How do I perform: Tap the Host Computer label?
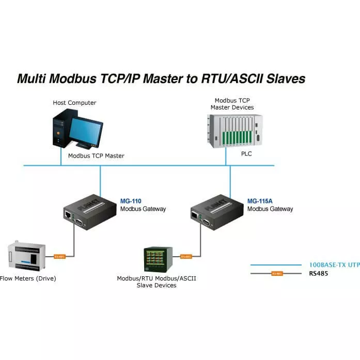tap(74, 103)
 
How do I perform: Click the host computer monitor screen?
tap(86, 129)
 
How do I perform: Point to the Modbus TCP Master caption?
tap(96, 155)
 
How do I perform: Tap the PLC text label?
tap(247, 154)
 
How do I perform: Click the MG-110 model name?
tap(131, 201)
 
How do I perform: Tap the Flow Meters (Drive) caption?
tap(28, 279)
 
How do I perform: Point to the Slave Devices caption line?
tap(156, 286)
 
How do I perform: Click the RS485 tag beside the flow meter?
tap(60, 256)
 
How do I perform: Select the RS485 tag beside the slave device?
tap(186, 256)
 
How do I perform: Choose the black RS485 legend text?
tap(318, 273)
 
